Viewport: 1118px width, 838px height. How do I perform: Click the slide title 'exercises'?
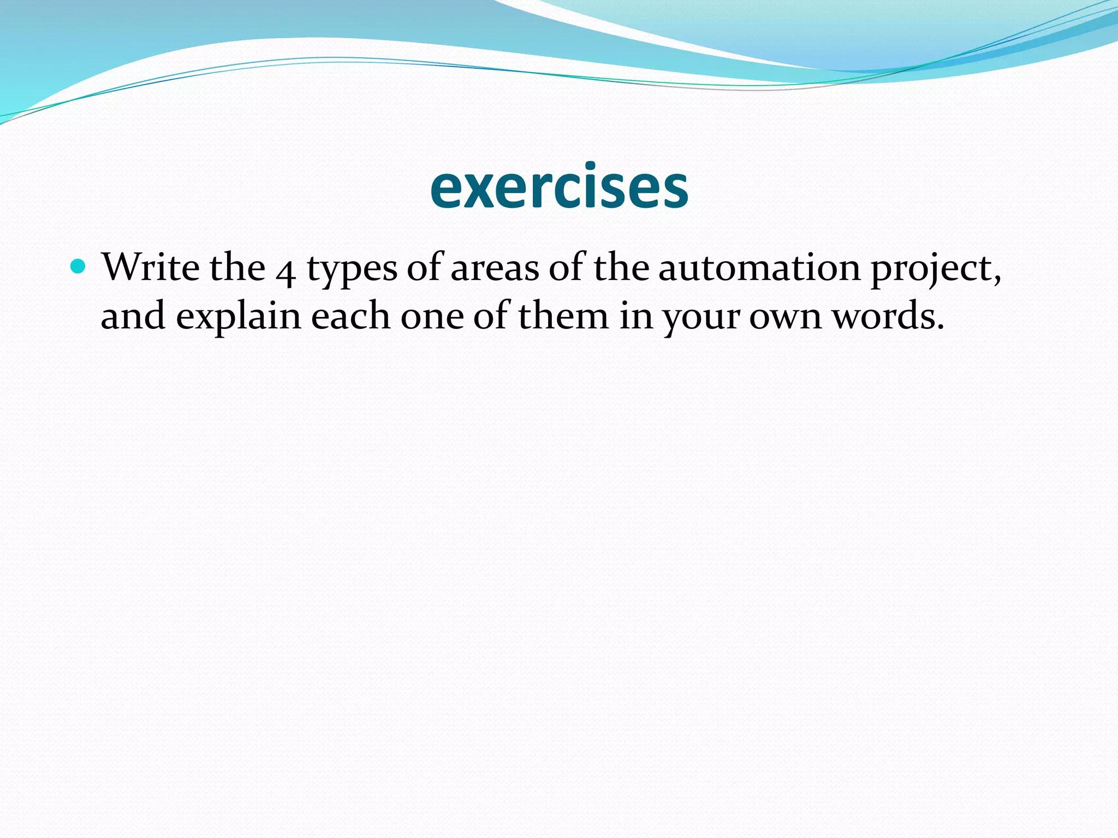click(x=559, y=187)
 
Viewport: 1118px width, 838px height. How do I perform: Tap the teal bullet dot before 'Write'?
click(x=79, y=267)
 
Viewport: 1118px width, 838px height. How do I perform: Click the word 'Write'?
click(x=151, y=267)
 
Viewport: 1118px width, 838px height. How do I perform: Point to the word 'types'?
click(x=352, y=270)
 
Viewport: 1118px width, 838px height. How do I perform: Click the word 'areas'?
click(x=495, y=268)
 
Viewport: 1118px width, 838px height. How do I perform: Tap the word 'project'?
click(x=934, y=270)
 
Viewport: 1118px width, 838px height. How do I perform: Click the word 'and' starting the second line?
click(x=133, y=316)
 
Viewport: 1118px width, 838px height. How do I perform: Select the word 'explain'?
click(x=239, y=318)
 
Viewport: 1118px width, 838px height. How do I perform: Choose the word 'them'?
click(x=563, y=316)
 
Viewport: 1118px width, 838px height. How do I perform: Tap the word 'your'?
click(x=700, y=319)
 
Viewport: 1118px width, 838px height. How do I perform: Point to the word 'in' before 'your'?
click(x=636, y=316)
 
